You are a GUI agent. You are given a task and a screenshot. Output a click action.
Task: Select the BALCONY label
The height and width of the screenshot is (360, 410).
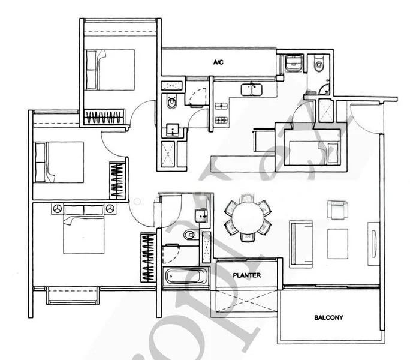[329, 317]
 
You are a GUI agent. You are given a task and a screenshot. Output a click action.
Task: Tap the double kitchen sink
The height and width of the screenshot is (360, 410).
[251, 91]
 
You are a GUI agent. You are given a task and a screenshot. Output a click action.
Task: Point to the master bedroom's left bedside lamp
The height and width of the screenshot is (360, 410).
[58, 209]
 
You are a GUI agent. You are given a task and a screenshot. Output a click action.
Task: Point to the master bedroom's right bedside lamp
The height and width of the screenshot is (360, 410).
[111, 209]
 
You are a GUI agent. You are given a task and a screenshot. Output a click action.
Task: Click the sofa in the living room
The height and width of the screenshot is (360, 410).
[300, 243]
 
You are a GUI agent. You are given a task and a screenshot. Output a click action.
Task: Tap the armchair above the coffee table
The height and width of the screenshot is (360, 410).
[336, 210]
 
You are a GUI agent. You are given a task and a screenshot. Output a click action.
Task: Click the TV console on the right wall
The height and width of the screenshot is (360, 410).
[373, 243]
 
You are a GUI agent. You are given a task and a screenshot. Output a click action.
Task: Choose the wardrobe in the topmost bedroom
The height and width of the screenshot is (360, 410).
[104, 116]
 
